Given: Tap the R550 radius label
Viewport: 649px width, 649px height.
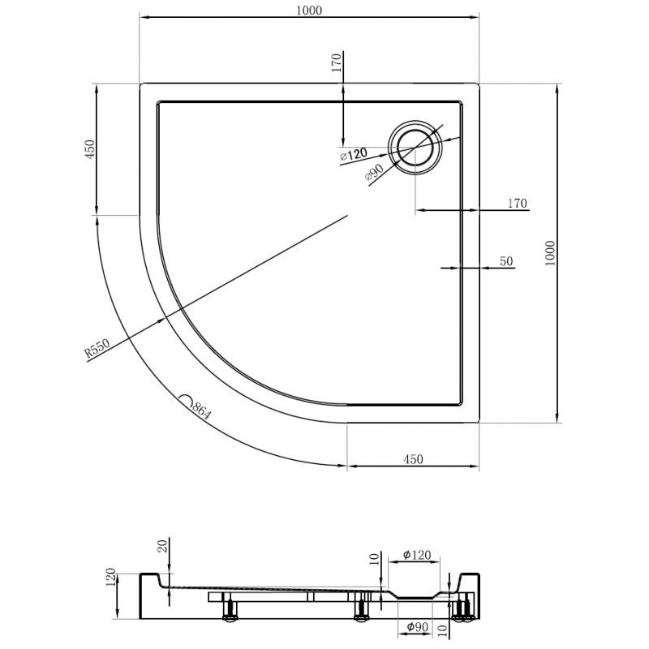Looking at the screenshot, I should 97,350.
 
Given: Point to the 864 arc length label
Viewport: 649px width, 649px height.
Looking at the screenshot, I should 201,410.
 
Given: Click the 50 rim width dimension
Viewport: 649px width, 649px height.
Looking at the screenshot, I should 506,261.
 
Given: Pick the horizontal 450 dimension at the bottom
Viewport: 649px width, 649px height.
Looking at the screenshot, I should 413,459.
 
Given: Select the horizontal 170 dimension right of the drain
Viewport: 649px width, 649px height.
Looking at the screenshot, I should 518,203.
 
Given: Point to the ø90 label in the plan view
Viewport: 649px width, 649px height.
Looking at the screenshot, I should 374,173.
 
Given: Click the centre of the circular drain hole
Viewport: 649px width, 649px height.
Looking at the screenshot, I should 417,148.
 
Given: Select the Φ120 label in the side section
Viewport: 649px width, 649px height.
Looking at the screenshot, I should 417,556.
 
